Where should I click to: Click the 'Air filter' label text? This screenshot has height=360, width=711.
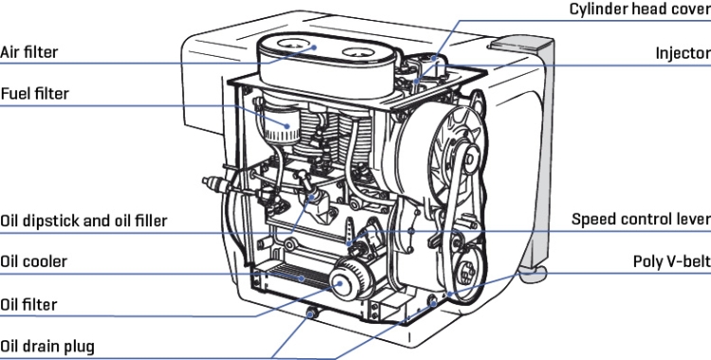point(29,52)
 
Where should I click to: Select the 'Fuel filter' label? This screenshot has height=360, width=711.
point(34,94)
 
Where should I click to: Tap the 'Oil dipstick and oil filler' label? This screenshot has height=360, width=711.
point(83,221)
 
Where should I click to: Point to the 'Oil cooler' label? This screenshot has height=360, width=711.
point(33,261)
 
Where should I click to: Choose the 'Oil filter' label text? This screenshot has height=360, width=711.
point(28,304)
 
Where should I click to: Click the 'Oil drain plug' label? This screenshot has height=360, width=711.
point(47,347)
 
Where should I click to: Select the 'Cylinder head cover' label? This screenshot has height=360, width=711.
point(640,9)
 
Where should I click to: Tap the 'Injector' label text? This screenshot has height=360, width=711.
point(684,53)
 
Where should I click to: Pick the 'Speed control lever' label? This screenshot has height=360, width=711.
point(641,219)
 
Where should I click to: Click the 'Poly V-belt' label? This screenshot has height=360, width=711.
point(672,261)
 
